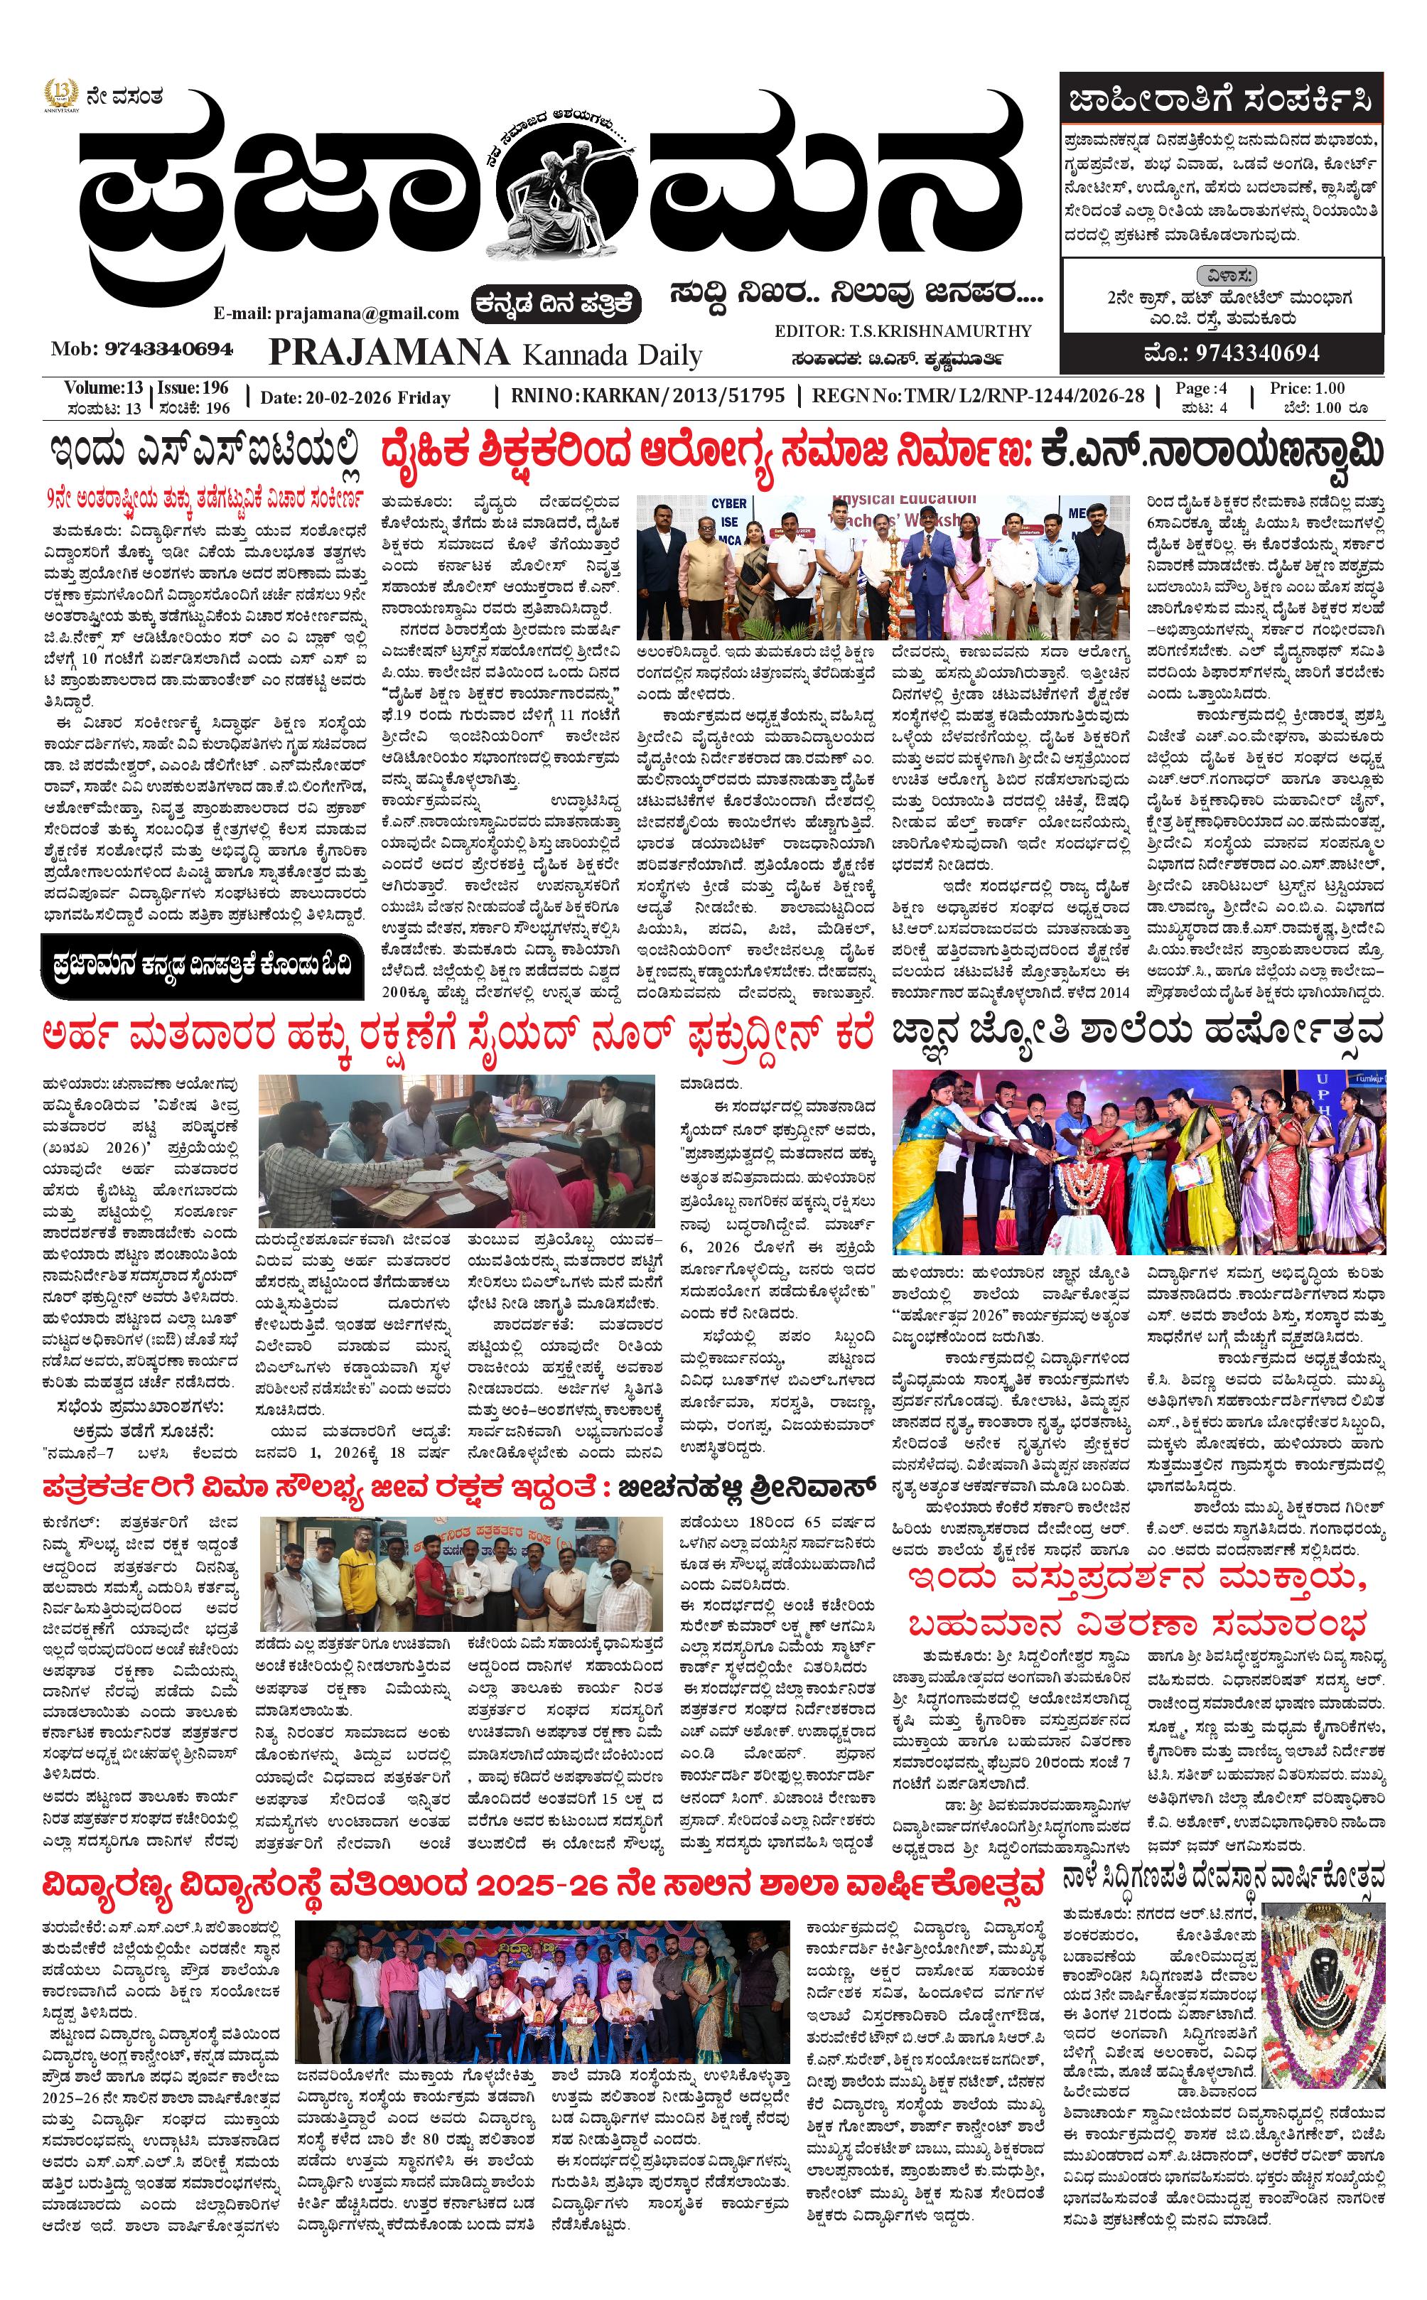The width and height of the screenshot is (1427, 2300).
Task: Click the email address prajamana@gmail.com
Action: pos(336,313)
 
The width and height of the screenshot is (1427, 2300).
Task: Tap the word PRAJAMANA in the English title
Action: pos(389,353)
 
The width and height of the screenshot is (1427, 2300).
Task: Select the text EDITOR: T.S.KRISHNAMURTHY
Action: pos(903,331)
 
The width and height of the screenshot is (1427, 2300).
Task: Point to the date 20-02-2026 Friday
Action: pos(355,397)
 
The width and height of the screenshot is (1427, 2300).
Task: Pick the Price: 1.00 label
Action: pos(1307,389)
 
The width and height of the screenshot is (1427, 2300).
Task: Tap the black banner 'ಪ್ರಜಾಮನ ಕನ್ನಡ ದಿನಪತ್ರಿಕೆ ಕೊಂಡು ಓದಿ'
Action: pos(202,964)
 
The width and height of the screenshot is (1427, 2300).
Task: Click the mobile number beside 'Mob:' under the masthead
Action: pos(169,349)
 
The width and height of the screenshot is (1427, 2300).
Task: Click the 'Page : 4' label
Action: pos(1200,388)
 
